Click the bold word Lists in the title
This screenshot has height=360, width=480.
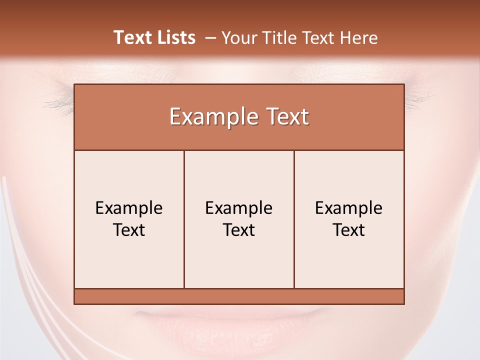point(175,37)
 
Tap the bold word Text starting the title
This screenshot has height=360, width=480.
point(132,37)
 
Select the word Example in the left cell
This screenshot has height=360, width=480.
point(129,208)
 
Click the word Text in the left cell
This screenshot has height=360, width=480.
point(129,230)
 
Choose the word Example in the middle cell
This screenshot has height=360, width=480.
point(239,208)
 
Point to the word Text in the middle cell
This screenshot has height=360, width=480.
point(239,230)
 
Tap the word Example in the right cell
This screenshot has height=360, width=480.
point(349,208)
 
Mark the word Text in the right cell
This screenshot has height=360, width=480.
point(349,230)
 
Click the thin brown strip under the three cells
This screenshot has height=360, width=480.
point(239,296)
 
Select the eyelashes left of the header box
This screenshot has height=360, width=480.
point(59,102)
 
